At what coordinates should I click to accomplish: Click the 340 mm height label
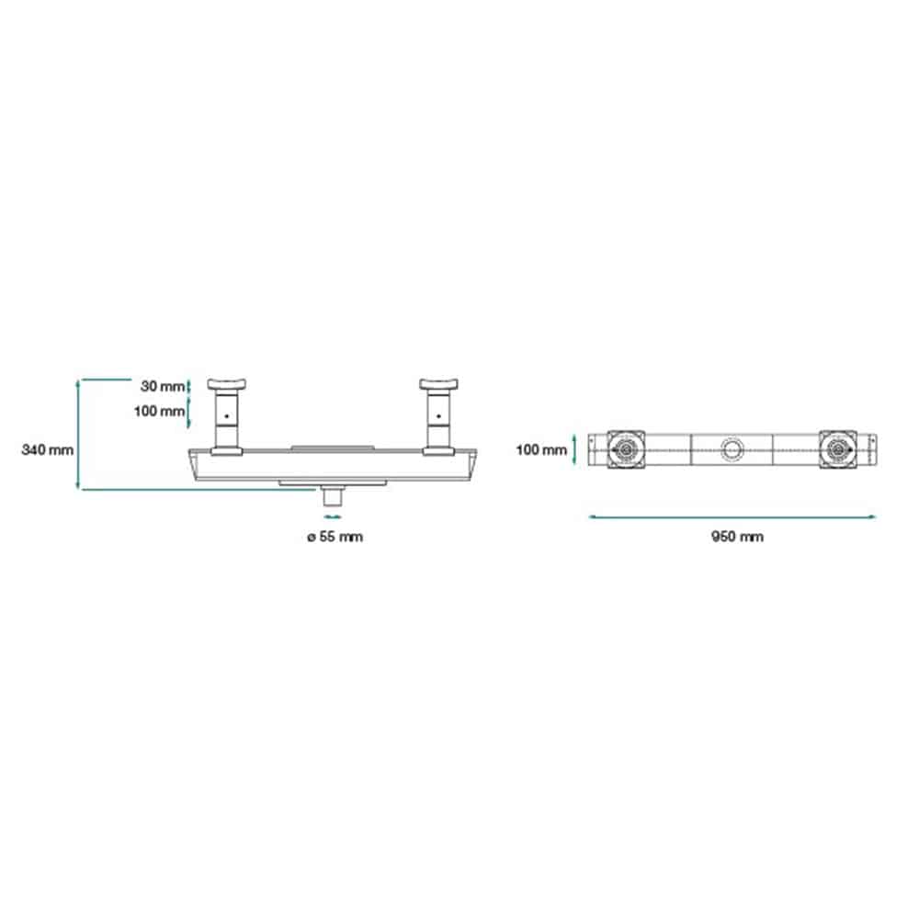pos(48,450)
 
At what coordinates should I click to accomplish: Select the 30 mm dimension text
pos(163,386)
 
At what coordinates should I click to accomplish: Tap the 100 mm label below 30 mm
pos(159,412)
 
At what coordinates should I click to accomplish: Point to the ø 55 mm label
pos(335,537)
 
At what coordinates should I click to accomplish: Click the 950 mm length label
pos(737,537)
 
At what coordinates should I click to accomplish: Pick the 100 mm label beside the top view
pos(541,450)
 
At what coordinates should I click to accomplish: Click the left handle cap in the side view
pos(226,384)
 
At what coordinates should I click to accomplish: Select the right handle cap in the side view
pos(438,384)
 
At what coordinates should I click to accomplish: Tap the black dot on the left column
pos(226,416)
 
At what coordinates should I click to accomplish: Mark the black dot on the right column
pos(438,416)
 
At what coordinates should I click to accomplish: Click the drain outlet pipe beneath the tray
pos(333,497)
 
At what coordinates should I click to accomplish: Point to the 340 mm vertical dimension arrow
pos(78,435)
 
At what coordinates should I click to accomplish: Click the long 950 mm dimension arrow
pos(732,516)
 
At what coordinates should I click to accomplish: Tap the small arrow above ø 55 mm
pos(333,516)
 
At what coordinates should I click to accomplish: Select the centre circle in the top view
pos(732,449)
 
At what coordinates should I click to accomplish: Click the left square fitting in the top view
pos(626,450)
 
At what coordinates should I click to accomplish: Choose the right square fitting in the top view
pos(837,450)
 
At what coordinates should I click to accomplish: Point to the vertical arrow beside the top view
pos(574,449)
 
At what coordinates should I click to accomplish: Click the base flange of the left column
pos(226,451)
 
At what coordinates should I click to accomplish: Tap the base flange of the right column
pos(438,451)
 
